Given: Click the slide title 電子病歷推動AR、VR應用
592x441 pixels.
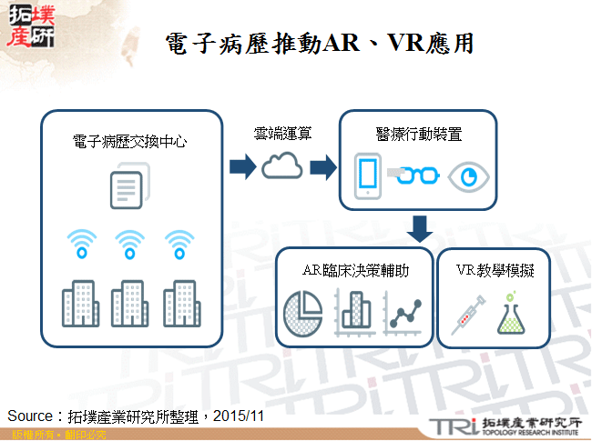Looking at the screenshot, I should [321, 43].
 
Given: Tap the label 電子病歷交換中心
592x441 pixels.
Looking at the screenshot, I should [130, 142].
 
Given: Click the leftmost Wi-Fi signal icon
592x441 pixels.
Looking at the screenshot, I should [80, 243].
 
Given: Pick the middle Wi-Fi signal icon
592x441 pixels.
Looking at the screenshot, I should [129, 243].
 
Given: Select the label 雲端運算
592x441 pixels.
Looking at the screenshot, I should [282, 134].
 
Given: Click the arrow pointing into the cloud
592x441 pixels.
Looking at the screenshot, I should [242, 166].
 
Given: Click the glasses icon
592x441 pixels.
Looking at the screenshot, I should [416, 175].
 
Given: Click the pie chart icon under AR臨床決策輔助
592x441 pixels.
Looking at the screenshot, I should [301, 311].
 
